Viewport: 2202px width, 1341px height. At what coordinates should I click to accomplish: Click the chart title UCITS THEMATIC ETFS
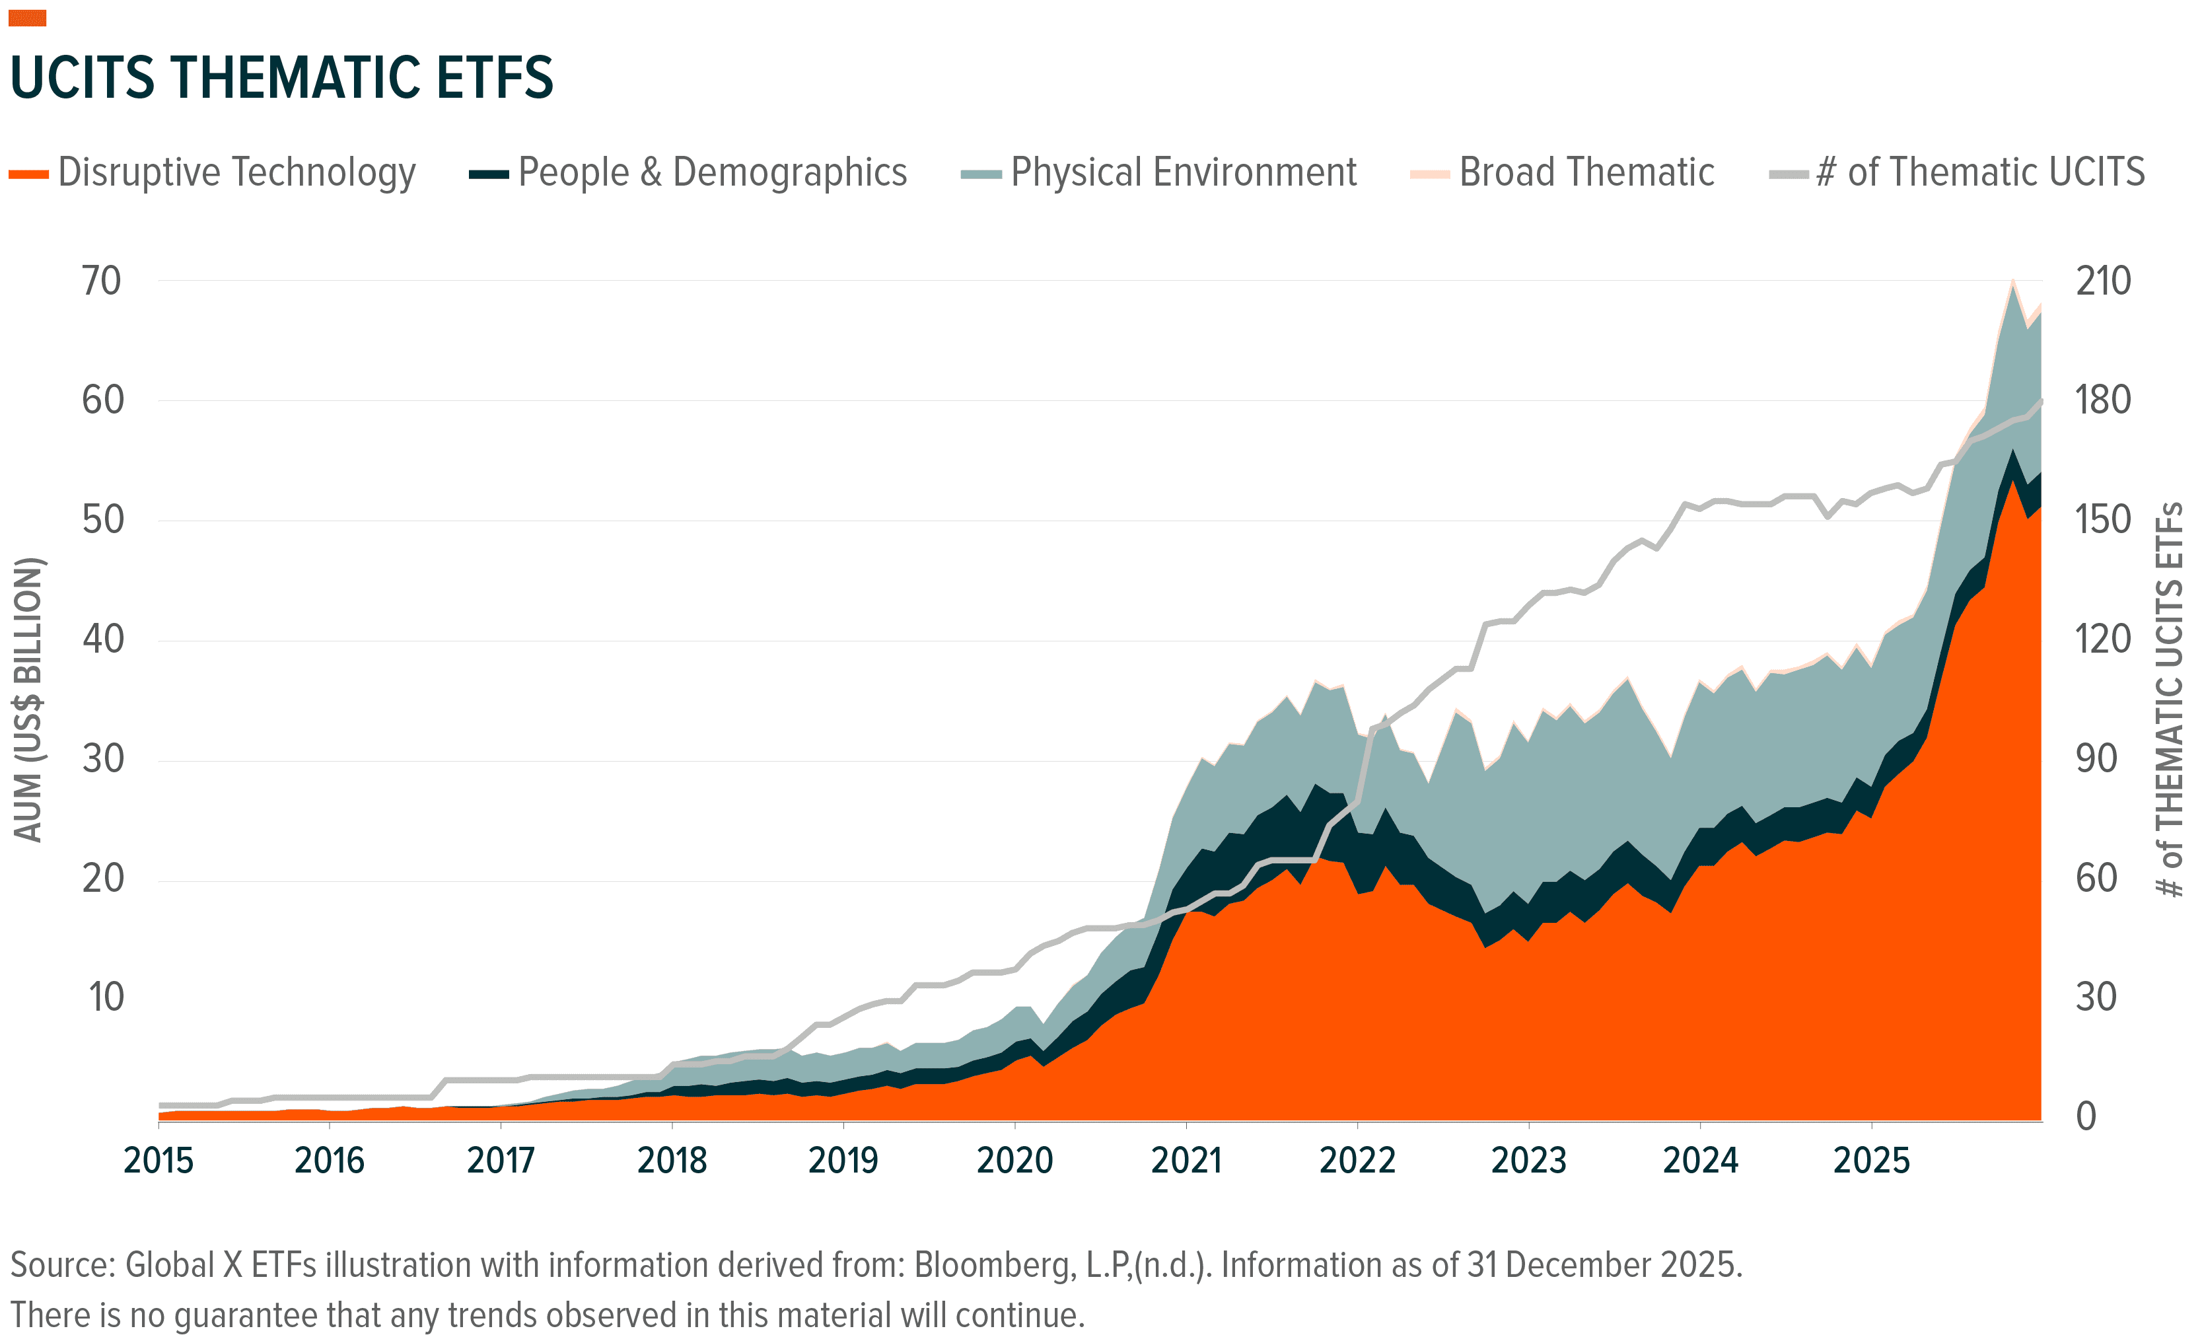[x=281, y=78]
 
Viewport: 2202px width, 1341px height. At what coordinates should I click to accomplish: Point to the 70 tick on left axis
[x=101, y=281]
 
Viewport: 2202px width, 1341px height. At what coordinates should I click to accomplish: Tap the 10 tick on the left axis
[x=106, y=997]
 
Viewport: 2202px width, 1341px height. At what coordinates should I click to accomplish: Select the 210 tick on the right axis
[x=2103, y=281]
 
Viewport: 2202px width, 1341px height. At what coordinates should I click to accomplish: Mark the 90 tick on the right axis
[x=2096, y=759]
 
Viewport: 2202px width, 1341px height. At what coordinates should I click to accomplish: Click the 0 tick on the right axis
[x=2086, y=1116]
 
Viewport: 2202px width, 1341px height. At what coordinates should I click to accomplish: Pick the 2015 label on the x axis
[x=158, y=1161]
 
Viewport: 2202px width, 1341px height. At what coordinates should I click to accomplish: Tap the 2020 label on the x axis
[x=1014, y=1161]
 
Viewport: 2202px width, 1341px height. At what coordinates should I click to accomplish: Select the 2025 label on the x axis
[x=1870, y=1161]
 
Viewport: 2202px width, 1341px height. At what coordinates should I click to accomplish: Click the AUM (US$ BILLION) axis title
[x=28, y=699]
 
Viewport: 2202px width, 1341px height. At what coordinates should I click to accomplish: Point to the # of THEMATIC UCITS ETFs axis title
[x=2170, y=699]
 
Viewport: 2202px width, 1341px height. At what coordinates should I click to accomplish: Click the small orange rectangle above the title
[x=27, y=18]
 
